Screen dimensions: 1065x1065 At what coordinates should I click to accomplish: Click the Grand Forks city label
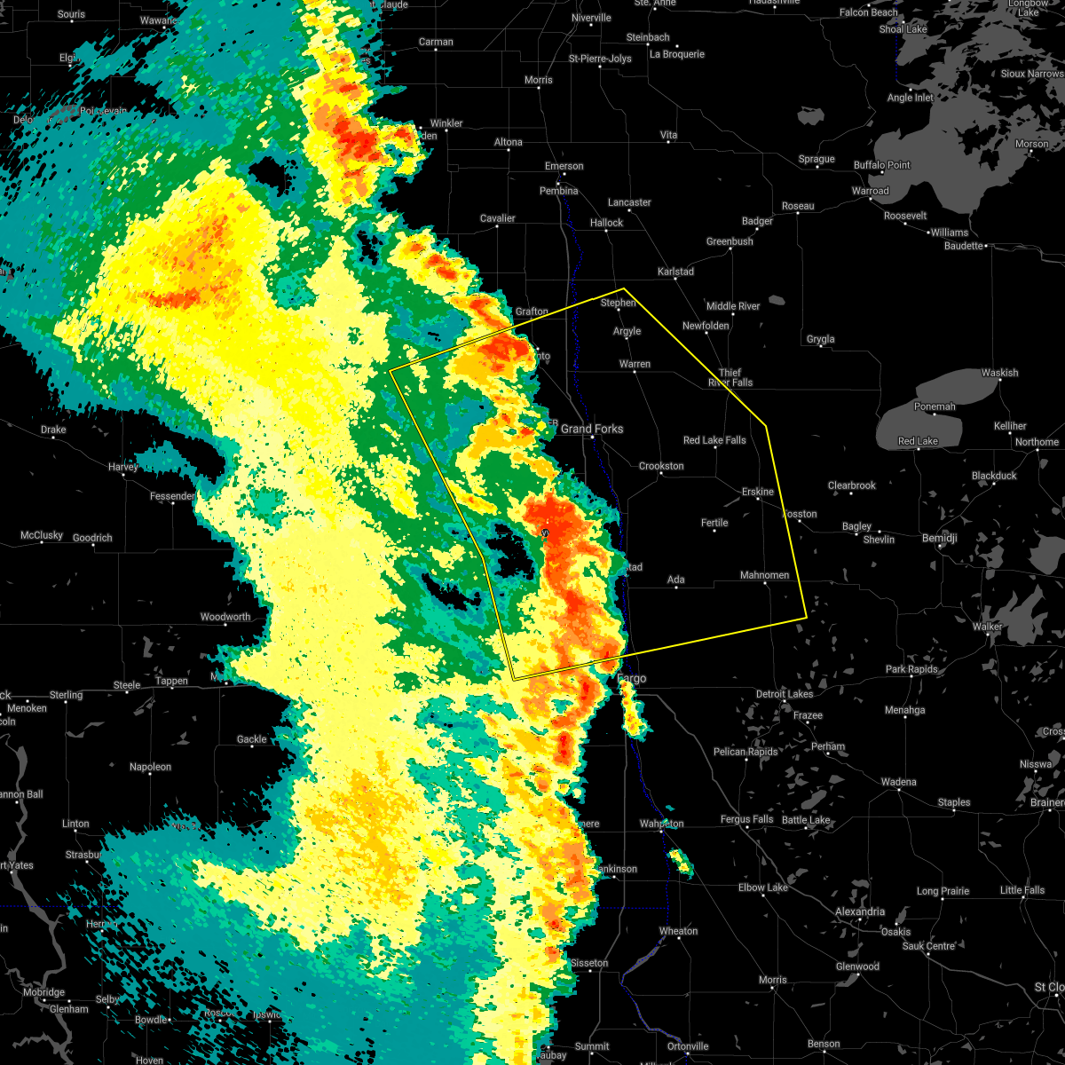(592, 430)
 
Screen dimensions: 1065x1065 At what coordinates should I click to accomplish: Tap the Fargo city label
(632, 679)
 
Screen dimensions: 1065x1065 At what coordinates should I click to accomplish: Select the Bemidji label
(939, 540)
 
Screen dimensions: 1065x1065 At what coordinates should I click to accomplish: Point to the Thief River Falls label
(730, 378)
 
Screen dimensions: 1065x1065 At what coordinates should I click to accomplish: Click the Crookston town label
(661, 467)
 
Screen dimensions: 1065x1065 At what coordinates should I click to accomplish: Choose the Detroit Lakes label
(784, 694)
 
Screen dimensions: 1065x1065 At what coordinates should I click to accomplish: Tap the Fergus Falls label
(746, 820)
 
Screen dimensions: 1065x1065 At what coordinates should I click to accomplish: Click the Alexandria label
(859, 912)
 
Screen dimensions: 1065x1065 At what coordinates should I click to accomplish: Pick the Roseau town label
(798, 207)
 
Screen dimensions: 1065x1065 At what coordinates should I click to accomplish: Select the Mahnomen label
(764, 576)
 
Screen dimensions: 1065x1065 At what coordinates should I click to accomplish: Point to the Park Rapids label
(911, 670)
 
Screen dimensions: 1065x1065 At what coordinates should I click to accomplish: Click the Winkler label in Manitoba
(446, 124)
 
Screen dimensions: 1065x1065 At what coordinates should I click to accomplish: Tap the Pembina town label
(558, 192)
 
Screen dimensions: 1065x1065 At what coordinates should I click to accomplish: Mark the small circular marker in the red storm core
(545, 532)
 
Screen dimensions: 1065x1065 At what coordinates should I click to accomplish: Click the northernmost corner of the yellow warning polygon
(625, 288)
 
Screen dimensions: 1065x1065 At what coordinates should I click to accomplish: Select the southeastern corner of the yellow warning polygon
(806, 617)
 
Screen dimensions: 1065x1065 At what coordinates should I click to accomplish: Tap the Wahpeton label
(661, 824)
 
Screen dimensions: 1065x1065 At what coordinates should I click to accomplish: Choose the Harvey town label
(123, 468)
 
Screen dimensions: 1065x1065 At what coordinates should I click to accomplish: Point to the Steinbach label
(647, 38)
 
